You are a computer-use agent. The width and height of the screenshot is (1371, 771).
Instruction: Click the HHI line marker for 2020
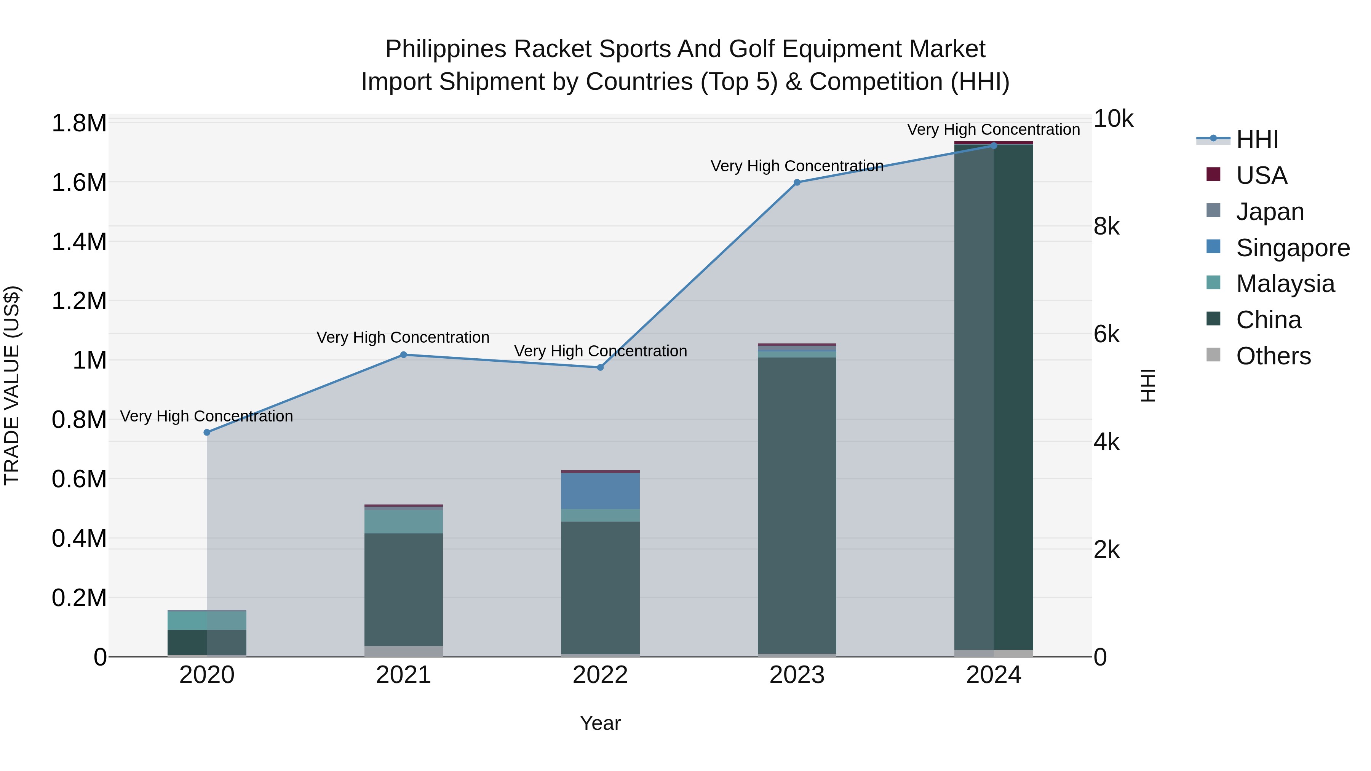click(207, 433)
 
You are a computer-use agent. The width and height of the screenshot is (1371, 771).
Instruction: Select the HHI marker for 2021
click(403, 355)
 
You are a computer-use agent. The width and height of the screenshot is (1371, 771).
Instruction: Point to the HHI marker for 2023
click(797, 182)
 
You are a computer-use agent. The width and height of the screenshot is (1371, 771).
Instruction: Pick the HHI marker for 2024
click(994, 146)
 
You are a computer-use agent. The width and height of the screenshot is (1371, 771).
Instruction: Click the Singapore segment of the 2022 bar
click(600, 491)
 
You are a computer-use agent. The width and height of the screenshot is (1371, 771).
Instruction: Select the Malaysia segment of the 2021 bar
click(403, 522)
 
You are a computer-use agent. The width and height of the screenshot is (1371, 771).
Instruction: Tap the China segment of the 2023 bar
click(797, 506)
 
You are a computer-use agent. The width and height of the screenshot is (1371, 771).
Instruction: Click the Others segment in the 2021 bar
click(403, 651)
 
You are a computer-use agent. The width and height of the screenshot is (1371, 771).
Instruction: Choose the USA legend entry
click(1261, 176)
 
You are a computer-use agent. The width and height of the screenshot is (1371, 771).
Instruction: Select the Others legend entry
click(1273, 356)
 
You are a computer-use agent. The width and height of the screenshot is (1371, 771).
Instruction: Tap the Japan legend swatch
click(1213, 211)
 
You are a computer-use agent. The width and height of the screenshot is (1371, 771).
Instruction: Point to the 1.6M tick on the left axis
click(79, 182)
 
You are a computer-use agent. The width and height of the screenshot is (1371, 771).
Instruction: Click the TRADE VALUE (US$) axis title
click(12, 385)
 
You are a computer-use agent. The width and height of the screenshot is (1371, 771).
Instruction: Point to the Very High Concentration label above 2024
click(994, 129)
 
